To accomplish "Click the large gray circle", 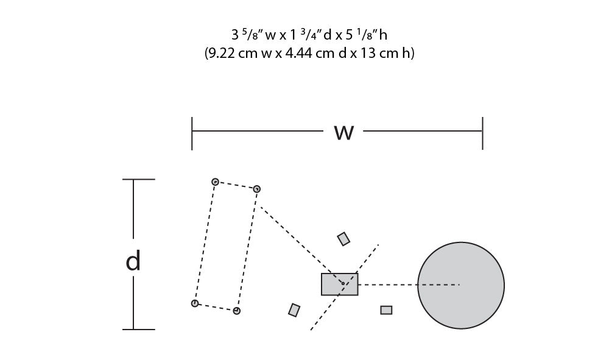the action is [461, 286].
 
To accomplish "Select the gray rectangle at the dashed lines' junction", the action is [339, 284].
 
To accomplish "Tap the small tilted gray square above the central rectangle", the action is [343, 239].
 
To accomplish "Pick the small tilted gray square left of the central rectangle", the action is [294, 310].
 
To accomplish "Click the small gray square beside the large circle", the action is [386, 310].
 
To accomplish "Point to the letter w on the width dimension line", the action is [344, 132].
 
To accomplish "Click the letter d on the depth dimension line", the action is [133, 261].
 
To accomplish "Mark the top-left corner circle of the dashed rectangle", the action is [215, 182].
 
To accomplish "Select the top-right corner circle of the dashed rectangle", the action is [256, 189].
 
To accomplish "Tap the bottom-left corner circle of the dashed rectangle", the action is [195, 303].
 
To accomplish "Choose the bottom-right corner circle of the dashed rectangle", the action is [236, 311].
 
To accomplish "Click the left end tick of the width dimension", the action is [192, 133].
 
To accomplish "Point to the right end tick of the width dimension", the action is [482, 133].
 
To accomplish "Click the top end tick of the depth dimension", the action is [139, 180].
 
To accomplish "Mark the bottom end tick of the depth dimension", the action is [139, 330].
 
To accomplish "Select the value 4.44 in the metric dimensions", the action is [298, 53].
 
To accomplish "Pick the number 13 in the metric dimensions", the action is [367, 53].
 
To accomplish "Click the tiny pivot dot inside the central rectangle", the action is [343, 283].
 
